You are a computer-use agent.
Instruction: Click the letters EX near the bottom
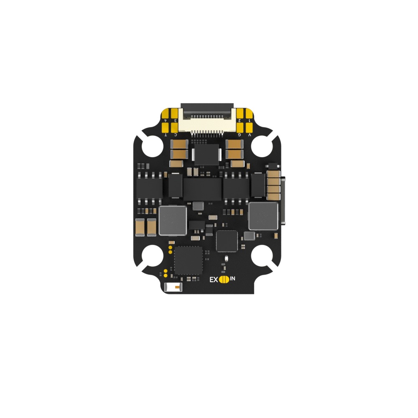click(x=214, y=280)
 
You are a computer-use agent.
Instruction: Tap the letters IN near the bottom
click(x=232, y=279)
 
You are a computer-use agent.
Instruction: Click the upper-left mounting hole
click(x=150, y=146)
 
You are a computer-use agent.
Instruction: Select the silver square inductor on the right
click(x=263, y=216)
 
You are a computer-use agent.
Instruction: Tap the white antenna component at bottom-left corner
click(x=173, y=288)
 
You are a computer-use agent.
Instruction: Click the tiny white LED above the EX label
click(x=226, y=260)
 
